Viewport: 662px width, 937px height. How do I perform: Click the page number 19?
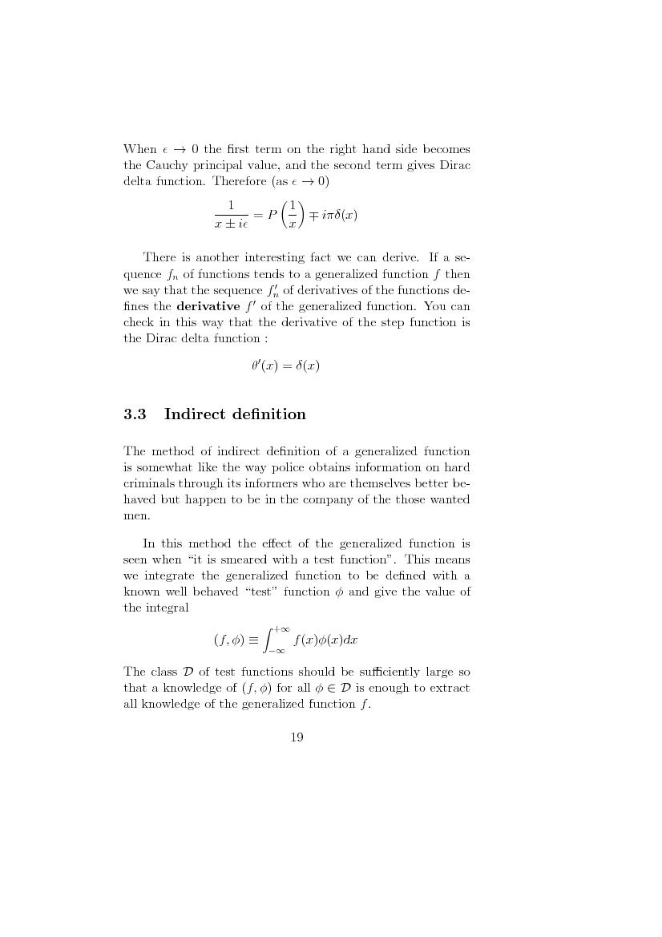point(297,737)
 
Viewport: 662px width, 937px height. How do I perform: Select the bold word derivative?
point(208,307)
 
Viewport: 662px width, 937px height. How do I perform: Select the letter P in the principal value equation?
point(272,216)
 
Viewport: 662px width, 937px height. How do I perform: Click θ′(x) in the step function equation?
point(264,366)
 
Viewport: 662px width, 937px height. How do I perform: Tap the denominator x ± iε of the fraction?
point(231,225)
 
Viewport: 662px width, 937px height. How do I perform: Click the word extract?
point(450,688)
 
